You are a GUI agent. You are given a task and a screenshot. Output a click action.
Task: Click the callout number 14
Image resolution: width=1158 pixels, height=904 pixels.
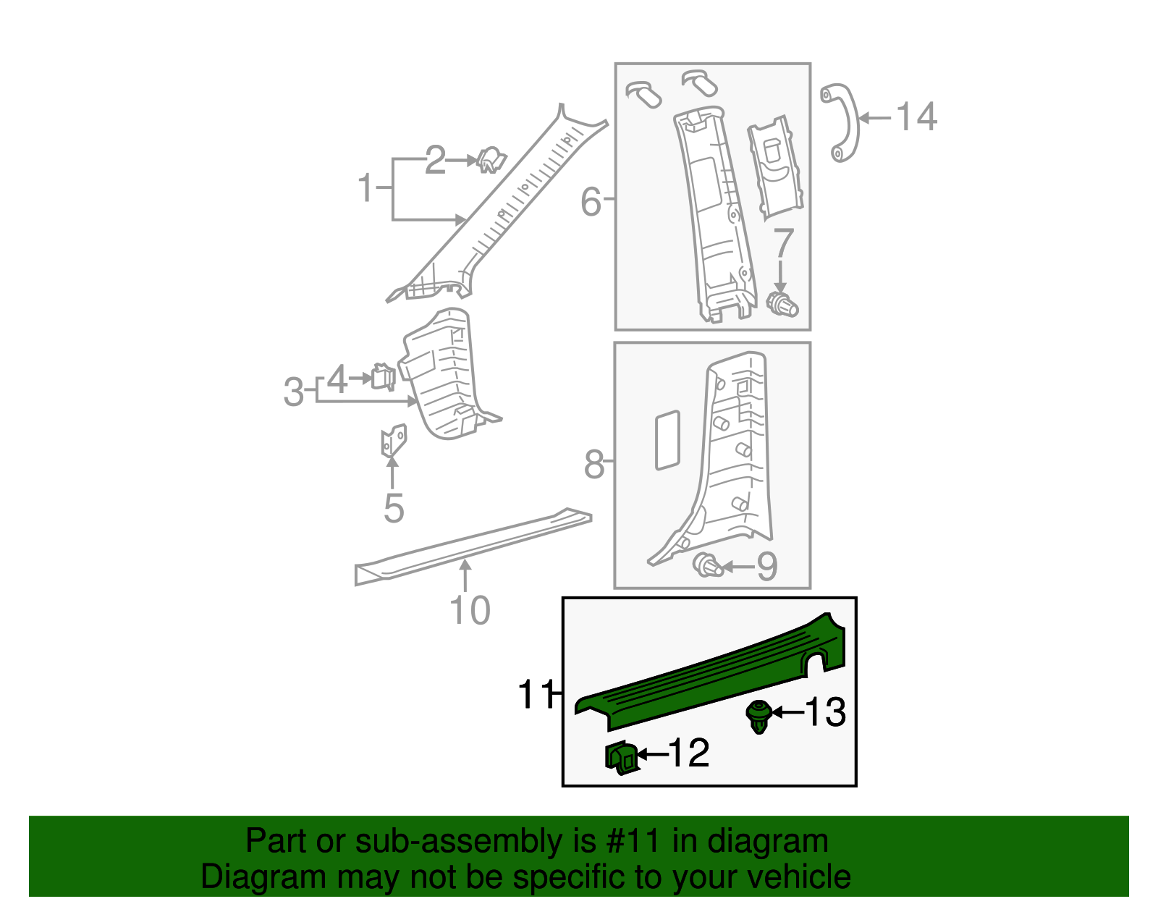click(916, 117)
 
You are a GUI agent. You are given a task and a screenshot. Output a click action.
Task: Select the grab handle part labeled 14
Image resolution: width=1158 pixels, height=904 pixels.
click(841, 123)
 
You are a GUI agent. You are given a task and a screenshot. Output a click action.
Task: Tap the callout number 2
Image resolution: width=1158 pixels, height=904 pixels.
click(434, 160)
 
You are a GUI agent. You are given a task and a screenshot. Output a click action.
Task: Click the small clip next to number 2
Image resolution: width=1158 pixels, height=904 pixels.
click(491, 161)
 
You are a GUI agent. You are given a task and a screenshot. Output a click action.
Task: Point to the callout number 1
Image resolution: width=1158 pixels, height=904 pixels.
click(366, 188)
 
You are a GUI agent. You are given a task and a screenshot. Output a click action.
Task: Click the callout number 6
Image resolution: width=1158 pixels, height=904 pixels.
click(591, 201)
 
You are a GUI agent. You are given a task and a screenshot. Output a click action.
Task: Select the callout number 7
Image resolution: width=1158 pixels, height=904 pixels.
click(784, 244)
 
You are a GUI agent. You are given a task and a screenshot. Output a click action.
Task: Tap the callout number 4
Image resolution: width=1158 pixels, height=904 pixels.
click(337, 380)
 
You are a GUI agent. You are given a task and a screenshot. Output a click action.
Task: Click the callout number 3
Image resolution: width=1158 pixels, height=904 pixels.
click(293, 393)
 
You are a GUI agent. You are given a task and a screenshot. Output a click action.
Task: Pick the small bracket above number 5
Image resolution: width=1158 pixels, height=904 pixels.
click(394, 440)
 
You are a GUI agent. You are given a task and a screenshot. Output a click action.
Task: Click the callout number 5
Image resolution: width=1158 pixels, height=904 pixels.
click(393, 509)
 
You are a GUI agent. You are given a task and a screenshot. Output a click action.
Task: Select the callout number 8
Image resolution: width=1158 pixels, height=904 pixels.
click(593, 465)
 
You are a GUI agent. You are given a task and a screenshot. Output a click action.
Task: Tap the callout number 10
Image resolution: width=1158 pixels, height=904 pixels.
click(470, 611)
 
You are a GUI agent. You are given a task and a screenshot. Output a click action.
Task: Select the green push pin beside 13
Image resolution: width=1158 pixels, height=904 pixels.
click(757, 716)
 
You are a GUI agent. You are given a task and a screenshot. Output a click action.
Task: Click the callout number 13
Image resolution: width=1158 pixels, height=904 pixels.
click(825, 712)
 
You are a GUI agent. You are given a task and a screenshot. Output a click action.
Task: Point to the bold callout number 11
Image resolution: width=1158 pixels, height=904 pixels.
click(536, 696)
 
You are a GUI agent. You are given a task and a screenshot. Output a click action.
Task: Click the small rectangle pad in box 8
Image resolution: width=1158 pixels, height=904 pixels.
click(667, 440)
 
